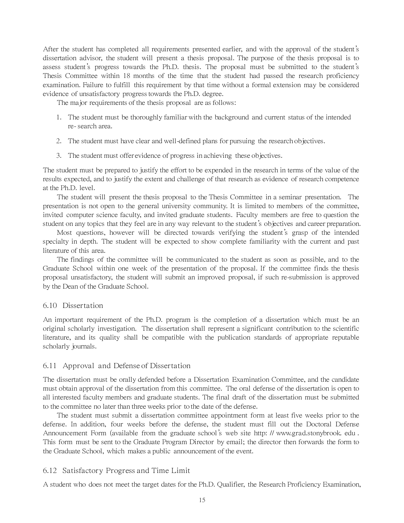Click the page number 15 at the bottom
pos(202,500)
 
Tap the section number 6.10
pos(50,306)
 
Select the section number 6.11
pos(50,366)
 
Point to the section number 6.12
pos(50,471)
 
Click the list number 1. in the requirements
pos(59,118)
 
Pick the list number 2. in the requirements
pos(59,141)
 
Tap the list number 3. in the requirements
pos(59,156)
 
